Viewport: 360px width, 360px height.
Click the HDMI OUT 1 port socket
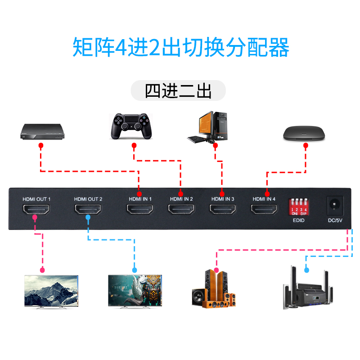(x=37, y=210)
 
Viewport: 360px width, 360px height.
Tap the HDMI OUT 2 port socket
(x=88, y=210)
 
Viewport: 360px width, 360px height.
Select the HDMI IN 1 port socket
(x=140, y=210)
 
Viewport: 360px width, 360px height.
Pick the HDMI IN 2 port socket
(x=181, y=210)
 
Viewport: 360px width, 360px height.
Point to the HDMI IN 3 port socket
(x=223, y=210)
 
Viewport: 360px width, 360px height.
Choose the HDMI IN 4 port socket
(x=264, y=210)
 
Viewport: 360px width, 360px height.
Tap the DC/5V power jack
(x=334, y=205)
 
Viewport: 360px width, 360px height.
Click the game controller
(x=132, y=126)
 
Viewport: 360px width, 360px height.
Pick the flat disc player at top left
(x=43, y=131)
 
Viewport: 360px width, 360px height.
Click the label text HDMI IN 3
(x=223, y=199)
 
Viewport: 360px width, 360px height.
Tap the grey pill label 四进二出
(x=178, y=90)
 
